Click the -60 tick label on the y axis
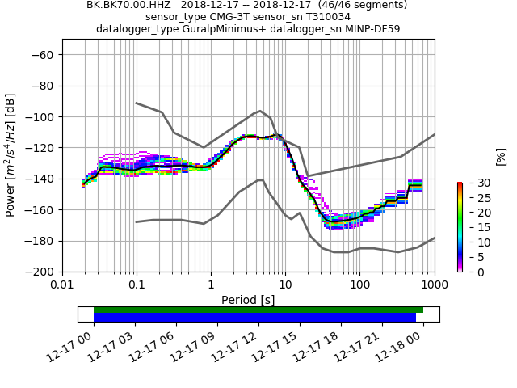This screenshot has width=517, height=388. coord(44,55)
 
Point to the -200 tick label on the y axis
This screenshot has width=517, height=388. coord(41,272)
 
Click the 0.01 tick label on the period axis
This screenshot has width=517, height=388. coord(62,285)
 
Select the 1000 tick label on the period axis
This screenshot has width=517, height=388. coord(434,285)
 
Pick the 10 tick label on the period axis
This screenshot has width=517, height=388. coord(285,285)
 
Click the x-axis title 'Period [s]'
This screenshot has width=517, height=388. coord(248,300)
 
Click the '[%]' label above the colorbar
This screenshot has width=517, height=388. coord(501,156)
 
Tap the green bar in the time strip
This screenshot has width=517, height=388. coord(258,310)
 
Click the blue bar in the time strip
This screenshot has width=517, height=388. coord(254,318)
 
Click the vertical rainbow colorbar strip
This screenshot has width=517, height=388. coord(460,227)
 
